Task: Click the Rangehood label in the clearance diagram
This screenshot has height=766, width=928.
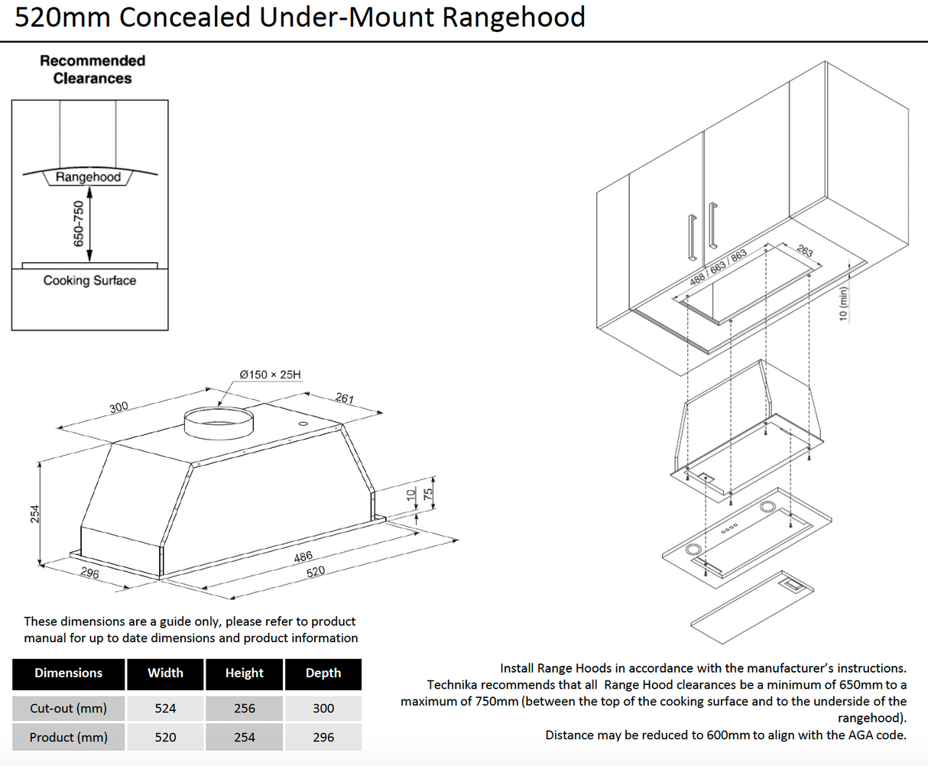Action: pyautogui.click(x=88, y=177)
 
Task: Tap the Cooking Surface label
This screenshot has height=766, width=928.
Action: pyautogui.click(x=89, y=281)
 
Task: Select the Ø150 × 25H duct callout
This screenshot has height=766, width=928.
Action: pyautogui.click(x=270, y=375)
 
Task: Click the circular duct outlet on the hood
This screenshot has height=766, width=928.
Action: pyautogui.click(x=219, y=423)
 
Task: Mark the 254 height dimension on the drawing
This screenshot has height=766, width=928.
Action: pyautogui.click(x=34, y=514)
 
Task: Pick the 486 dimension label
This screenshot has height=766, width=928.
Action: pyautogui.click(x=303, y=557)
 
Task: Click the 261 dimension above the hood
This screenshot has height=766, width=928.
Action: pyautogui.click(x=344, y=398)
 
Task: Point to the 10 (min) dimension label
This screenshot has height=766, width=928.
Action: pyautogui.click(x=844, y=303)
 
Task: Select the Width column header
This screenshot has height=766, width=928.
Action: pyautogui.click(x=165, y=673)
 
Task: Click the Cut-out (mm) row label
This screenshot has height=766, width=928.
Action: pyautogui.click(x=68, y=708)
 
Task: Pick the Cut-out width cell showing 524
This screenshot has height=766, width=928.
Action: pyautogui.click(x=165, y=708)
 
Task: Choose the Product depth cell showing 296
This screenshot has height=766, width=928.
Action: pyautogui.click(x=323, y=737)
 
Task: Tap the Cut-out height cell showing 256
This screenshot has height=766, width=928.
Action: pyautogui.click(x=245, y=708)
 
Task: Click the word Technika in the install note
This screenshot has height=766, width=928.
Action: pyautogui.click(x=453, y=685)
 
